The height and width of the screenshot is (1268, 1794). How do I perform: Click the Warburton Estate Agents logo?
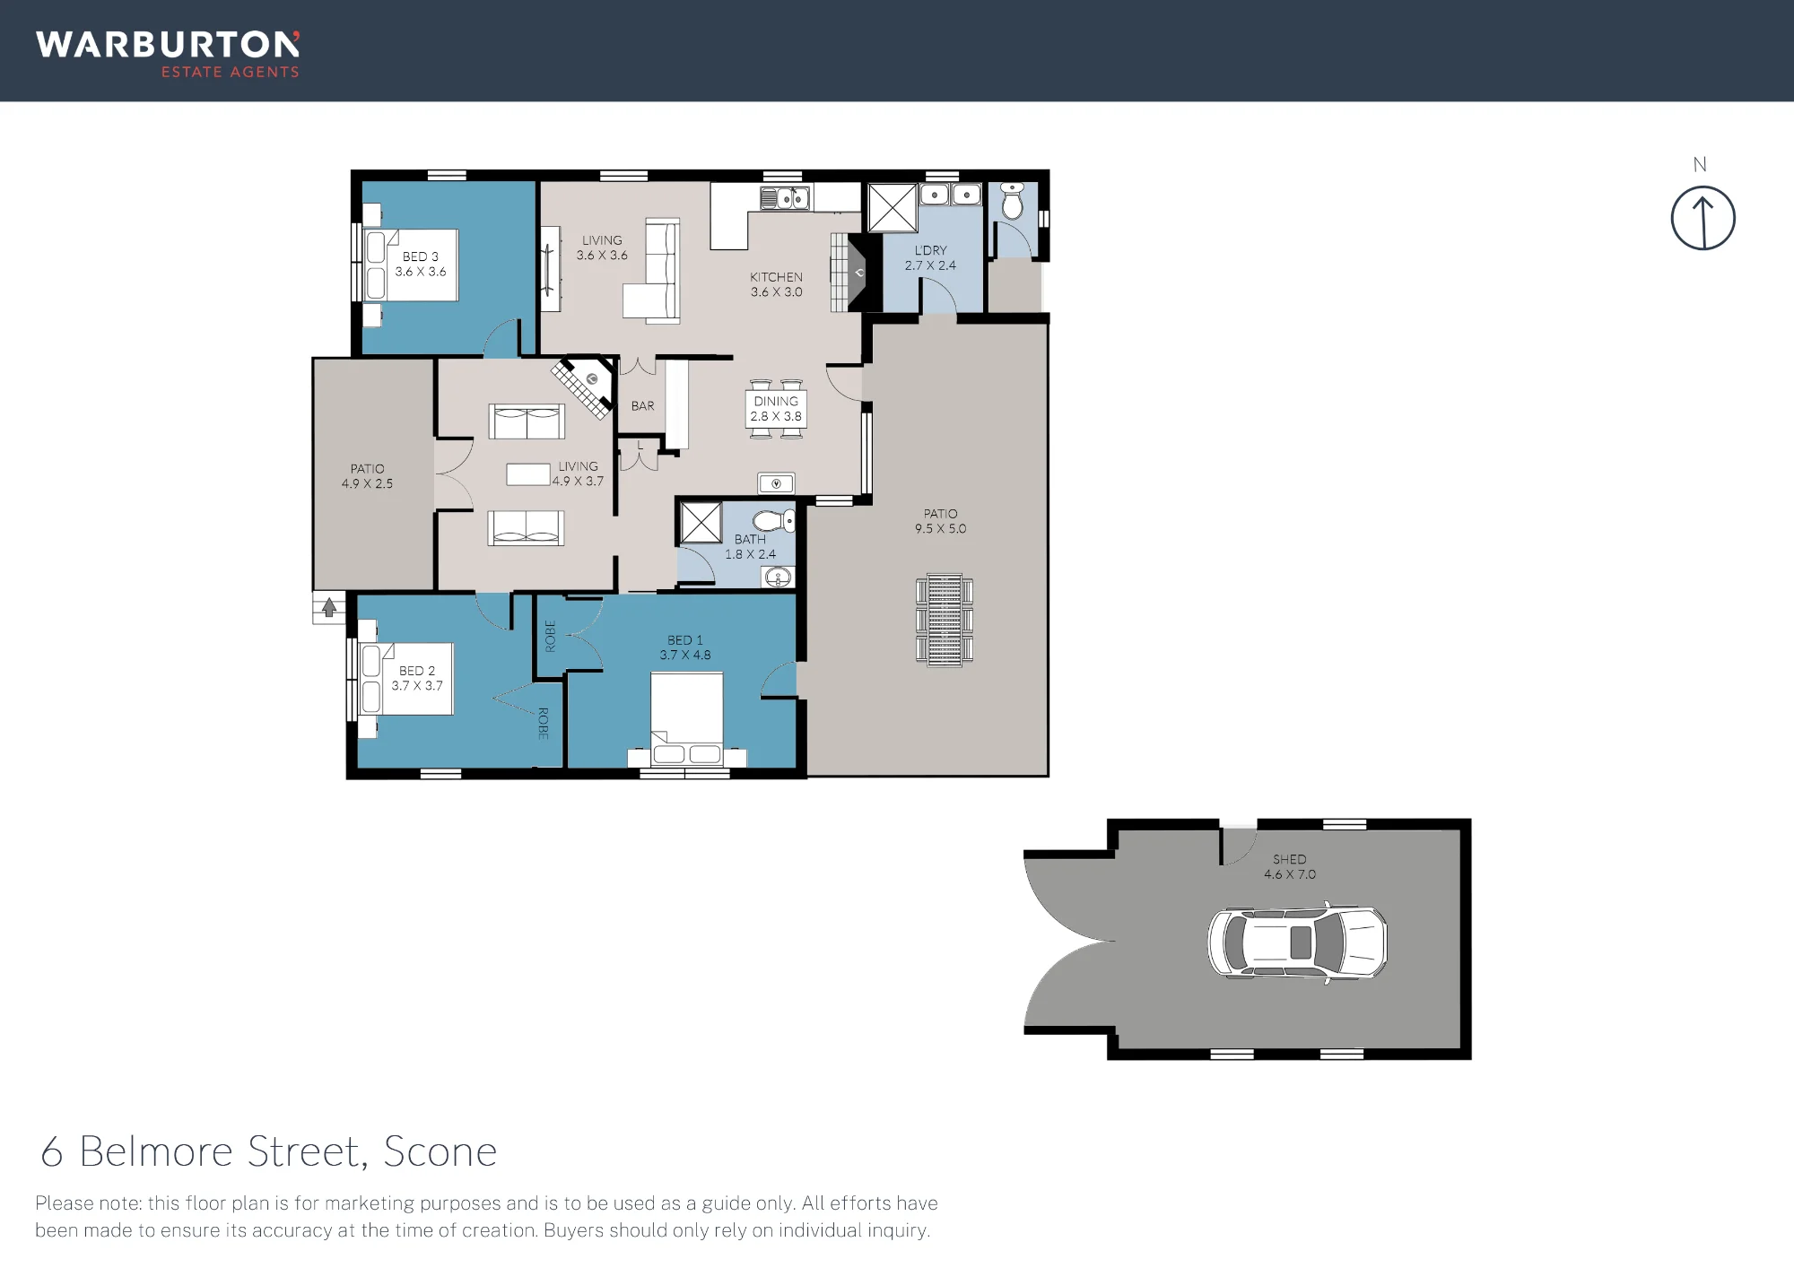click(168, 55)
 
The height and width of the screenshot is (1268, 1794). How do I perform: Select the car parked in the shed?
click(1297, 942)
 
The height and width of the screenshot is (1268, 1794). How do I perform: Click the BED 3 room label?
click(421, 264)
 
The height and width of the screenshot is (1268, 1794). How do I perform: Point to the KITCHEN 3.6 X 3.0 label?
click(777, 284)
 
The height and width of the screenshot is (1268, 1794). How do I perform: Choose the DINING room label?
click(776, 402)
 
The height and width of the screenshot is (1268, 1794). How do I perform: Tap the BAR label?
click(642, 406)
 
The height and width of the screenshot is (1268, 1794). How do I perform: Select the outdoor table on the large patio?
click(945, 620)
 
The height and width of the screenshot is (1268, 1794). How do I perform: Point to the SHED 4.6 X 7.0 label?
click(1290, 867)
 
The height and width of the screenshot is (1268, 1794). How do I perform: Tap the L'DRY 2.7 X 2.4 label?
click(930, 258)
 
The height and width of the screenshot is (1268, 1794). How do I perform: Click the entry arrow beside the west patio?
click(329, 607)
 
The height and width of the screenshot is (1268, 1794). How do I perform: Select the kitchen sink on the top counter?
click(785, 197)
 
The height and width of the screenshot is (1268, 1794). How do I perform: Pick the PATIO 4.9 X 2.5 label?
click(367, 476)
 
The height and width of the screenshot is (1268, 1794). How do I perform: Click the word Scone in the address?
click(440, 1151)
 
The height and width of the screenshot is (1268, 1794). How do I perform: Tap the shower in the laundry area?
click(892, 208)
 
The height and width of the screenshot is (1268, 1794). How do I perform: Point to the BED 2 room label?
click(417, 678)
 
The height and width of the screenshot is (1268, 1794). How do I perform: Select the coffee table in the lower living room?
click(528, 474)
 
